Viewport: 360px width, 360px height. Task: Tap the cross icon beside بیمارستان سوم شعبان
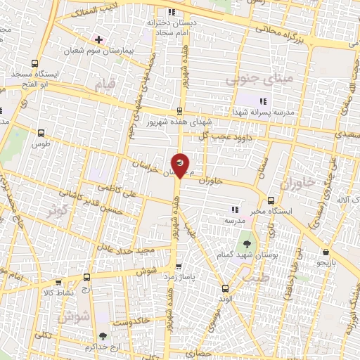(x=99, y=39)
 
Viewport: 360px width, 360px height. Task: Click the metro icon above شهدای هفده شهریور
(x=181, y=111)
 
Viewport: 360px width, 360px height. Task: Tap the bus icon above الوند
(x=225, y=288)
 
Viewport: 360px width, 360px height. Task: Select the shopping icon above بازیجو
(x=326, y=252)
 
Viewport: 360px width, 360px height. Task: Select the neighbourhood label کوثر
(x=58, y=209)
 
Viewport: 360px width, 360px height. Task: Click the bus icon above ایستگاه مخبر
(x=271, y=199)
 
